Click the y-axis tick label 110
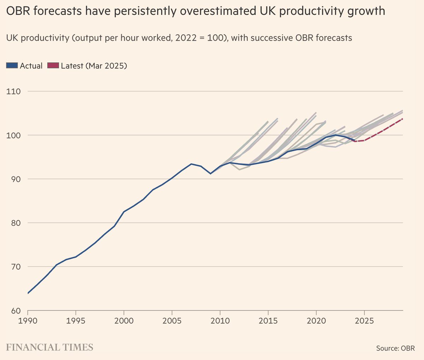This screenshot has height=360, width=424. point(13,91)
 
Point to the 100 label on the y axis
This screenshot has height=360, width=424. point(13,135)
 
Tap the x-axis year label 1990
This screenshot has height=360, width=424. point(28,321)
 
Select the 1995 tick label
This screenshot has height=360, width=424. point(76,321)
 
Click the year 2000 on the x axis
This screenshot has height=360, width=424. point(124,321)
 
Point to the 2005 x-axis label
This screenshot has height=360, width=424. point(172,321)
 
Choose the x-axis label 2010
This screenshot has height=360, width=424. point(220,321)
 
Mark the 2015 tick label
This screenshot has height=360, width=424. point(268,321)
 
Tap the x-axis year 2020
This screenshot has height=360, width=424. point(316,321)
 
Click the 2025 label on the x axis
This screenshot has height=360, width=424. point(364,321)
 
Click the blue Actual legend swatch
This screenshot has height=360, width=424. point(12,66)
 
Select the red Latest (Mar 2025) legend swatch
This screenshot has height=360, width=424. point(53,66)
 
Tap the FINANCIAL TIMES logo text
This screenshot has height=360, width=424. point(50,347)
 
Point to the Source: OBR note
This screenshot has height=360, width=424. point(395,348)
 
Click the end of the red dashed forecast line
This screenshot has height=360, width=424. point(402,119)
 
